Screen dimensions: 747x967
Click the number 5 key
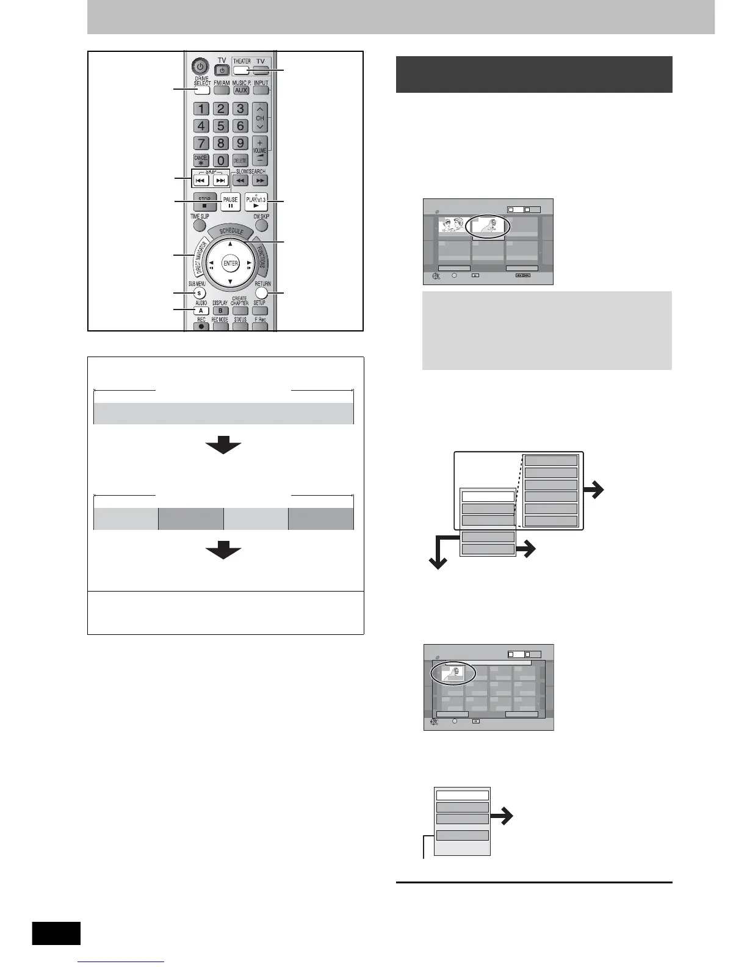tap(221, 126)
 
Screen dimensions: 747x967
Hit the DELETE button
tap(240, 161)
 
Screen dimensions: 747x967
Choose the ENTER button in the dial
tap(230, 264)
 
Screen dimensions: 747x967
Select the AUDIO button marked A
tap(201, 311)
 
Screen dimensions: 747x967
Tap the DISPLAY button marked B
tap(220, 311)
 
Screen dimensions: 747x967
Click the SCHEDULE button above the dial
tap(231, 232)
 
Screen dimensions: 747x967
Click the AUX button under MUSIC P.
tap(241, 90)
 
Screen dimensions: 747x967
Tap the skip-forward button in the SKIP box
tap(221, 181)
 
